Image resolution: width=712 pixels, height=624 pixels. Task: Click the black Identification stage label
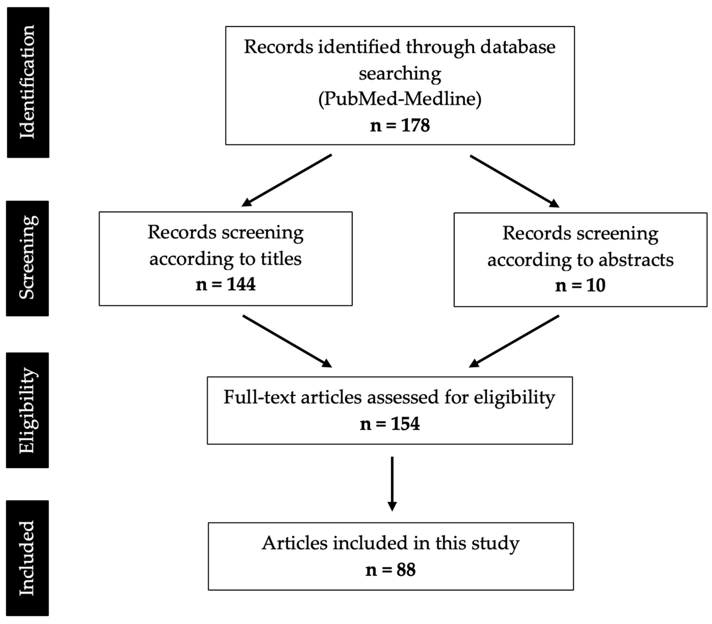pos(28,83)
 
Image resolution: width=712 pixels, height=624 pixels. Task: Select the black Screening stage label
pos(27,258)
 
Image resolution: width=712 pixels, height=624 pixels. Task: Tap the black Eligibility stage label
pos(27,410)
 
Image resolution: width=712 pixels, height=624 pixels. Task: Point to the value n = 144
pos(225,284)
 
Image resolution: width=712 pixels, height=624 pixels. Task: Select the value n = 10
pos(580,285)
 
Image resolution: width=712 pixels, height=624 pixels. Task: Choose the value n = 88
pos(390,570)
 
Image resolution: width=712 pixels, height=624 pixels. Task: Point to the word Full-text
pos(259,397)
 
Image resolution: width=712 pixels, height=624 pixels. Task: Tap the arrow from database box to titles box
pos(286,180)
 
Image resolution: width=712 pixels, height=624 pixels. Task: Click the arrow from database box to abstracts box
pos(514,181)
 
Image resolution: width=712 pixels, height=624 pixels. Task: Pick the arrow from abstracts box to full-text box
pos(514,341)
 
